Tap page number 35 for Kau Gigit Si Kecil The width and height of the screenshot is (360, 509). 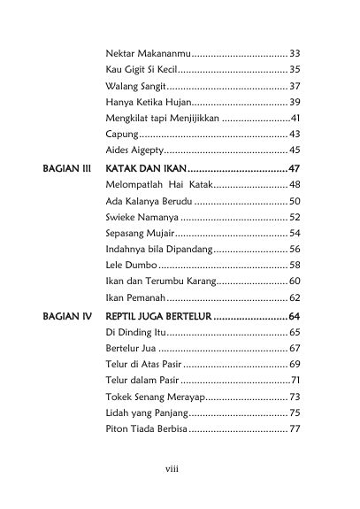pos(295,69)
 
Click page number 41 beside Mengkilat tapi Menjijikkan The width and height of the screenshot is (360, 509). pos(295,118)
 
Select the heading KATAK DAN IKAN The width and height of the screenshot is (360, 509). pos(147,167)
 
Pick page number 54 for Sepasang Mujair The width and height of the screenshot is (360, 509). pos(295,233)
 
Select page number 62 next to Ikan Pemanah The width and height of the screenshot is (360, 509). pos(295,297)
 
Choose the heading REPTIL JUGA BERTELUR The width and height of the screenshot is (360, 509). pos(159,316)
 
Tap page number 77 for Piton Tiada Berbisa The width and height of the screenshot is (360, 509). pos(295,428)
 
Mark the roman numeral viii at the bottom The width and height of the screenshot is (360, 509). pos(172,469)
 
